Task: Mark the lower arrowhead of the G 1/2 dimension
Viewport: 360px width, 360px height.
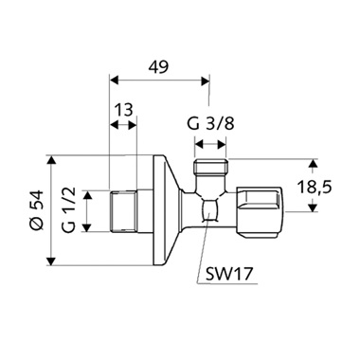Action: (x=87, y=229)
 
